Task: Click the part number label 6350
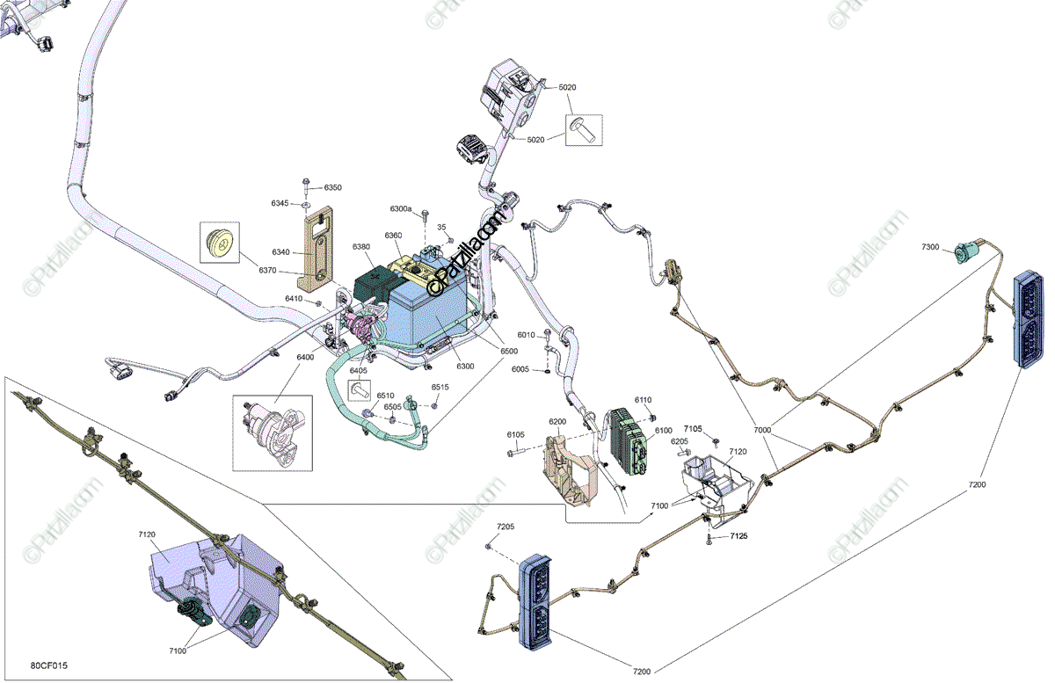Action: (332, 187)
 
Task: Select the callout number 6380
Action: (361, 247)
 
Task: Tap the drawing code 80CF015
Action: (48, 666)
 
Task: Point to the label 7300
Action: (930, 247)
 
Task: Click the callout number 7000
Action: (762, 430)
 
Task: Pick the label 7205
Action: (505, 526)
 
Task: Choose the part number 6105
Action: (515, 435)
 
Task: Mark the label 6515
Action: (440, 387)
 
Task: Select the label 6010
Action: (526, 335)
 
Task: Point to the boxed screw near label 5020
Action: (585, 130)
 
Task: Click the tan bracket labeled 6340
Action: (316, 250)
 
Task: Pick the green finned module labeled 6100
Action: (630, 439)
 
